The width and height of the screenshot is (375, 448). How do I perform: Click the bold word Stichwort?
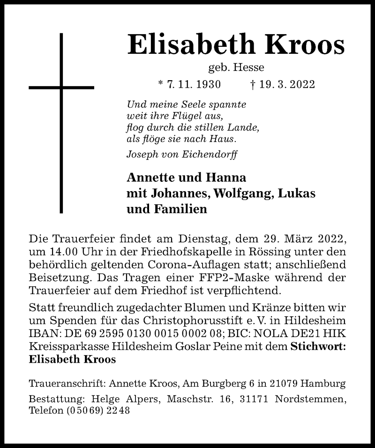(319, 347)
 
